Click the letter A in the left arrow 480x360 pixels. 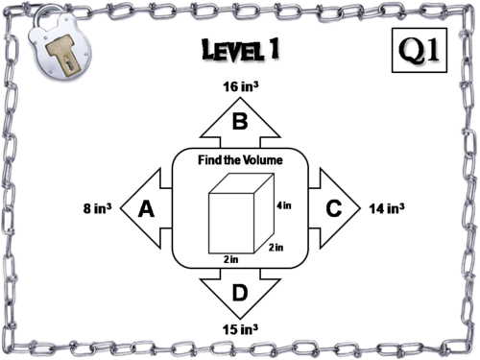146,208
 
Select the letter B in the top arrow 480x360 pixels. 240,121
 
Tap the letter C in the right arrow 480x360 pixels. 334,208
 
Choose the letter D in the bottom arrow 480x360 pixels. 240,293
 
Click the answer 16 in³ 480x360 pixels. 241,86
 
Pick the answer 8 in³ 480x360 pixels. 98,208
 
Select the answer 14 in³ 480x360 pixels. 387,208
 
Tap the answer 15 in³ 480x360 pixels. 240,329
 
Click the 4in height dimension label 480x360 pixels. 284,205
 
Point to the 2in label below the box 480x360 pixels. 231,259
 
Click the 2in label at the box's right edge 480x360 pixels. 276,247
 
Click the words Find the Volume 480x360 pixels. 240,159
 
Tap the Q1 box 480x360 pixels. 420,50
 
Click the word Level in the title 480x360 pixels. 233,50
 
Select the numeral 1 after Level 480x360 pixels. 275,48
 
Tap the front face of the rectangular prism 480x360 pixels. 231,224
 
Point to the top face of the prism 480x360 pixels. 241,183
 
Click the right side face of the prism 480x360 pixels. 264,213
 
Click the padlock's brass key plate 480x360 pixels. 62,56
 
